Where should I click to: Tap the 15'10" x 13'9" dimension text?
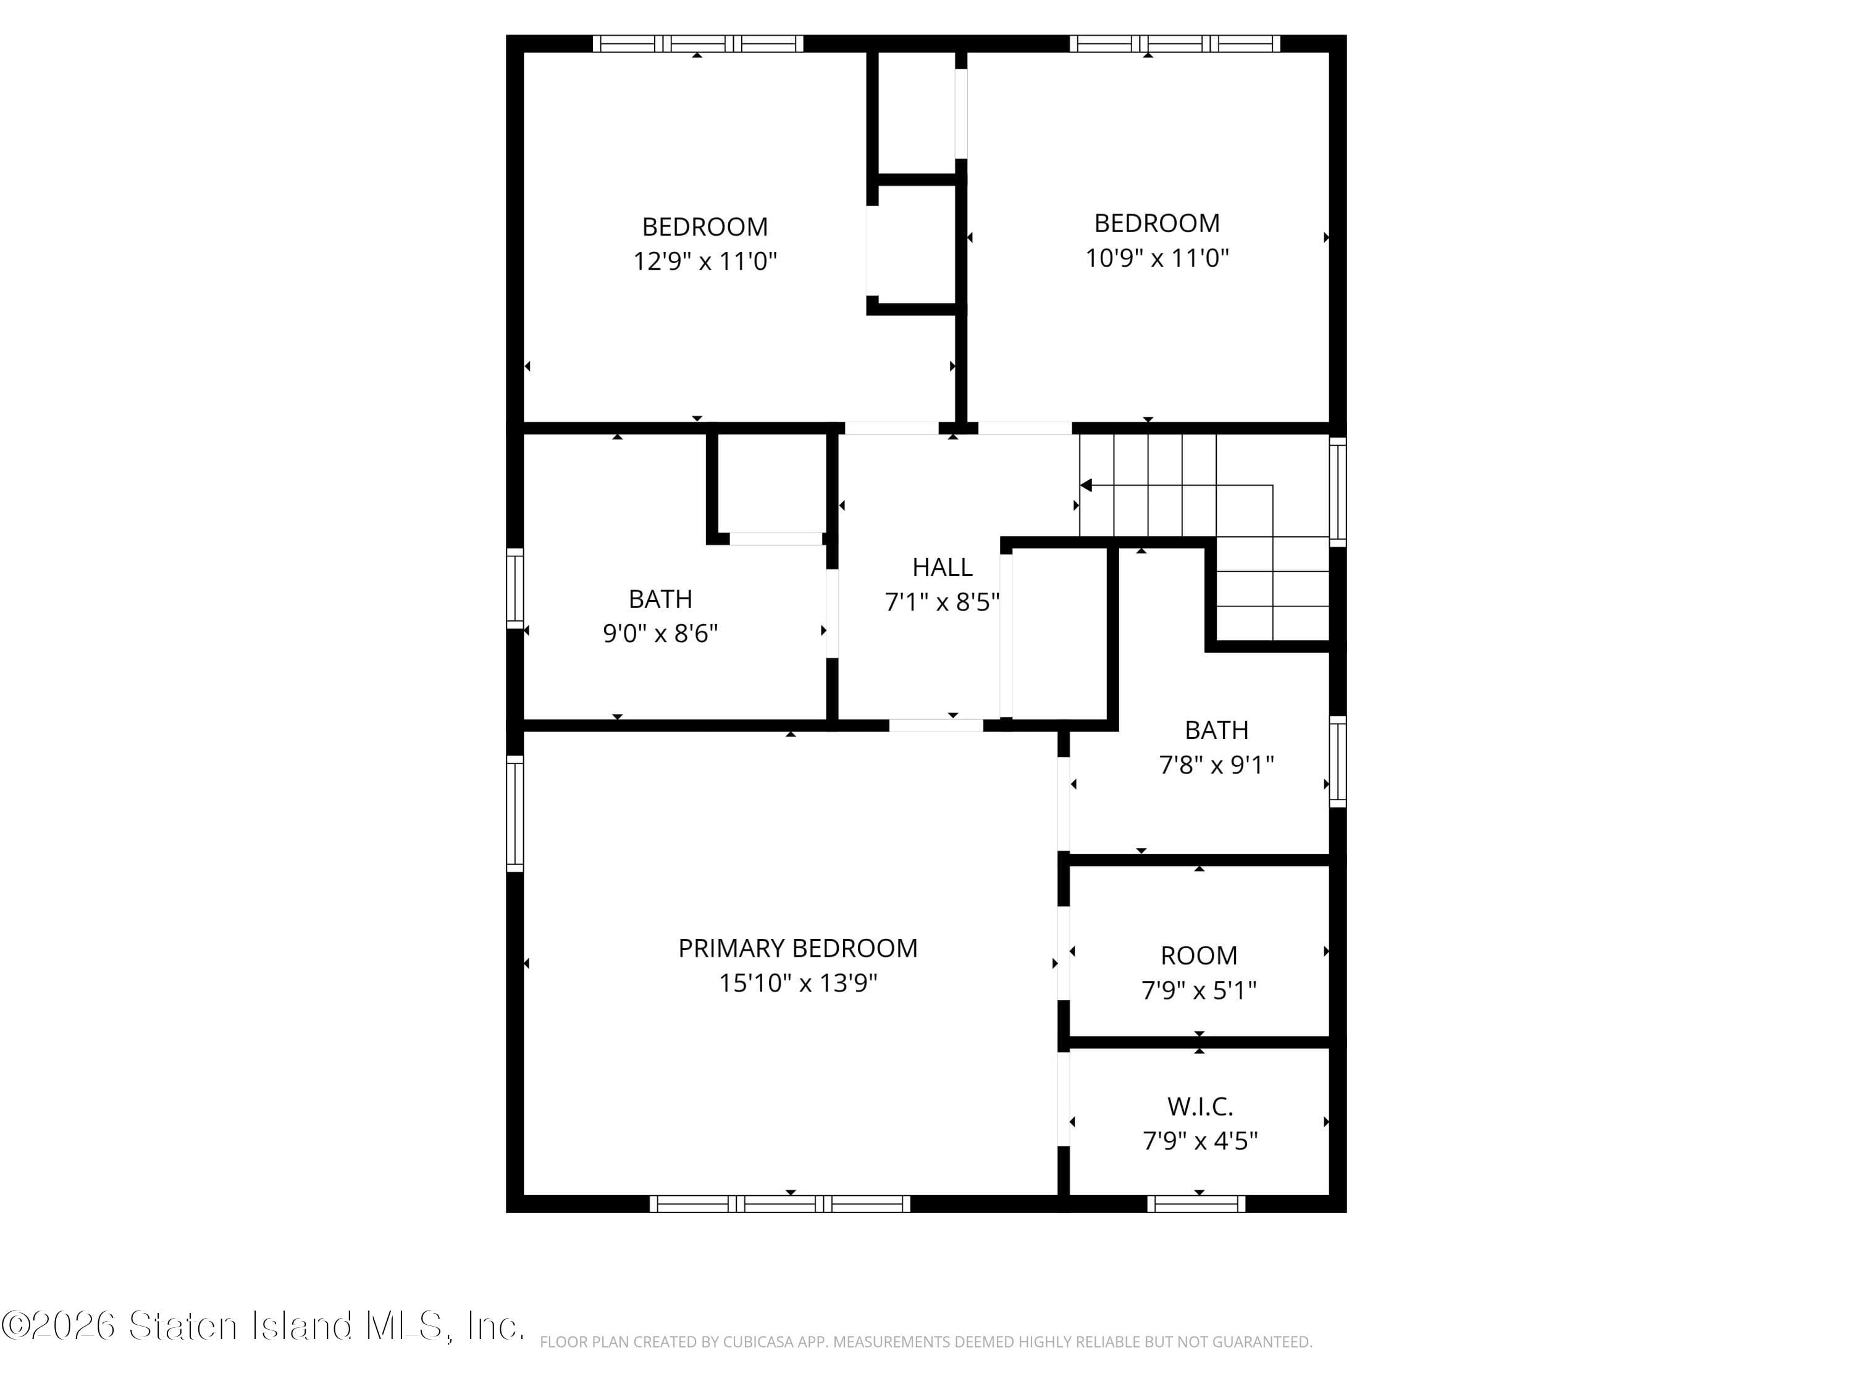tap(797, 983)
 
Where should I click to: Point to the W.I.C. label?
tap(1200, 1107)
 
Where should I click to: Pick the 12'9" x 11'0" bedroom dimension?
tap(705, 261)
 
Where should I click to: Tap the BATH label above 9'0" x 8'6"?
tap(660, 599)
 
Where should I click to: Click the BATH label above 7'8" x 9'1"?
tap(1216, 730)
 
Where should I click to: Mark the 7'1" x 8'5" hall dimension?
tap(941, 602)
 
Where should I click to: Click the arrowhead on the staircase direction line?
tap(1086, 486)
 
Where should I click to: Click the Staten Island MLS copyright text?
tap(263, 1326)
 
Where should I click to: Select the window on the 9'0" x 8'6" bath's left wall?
tap(515, 588)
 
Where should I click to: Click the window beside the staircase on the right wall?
tap(1338, 492)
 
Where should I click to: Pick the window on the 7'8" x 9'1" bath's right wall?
tap(1338, 762)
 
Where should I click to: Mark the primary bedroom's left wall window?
tap(515, 813)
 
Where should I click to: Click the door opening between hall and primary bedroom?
tap(936, 726)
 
